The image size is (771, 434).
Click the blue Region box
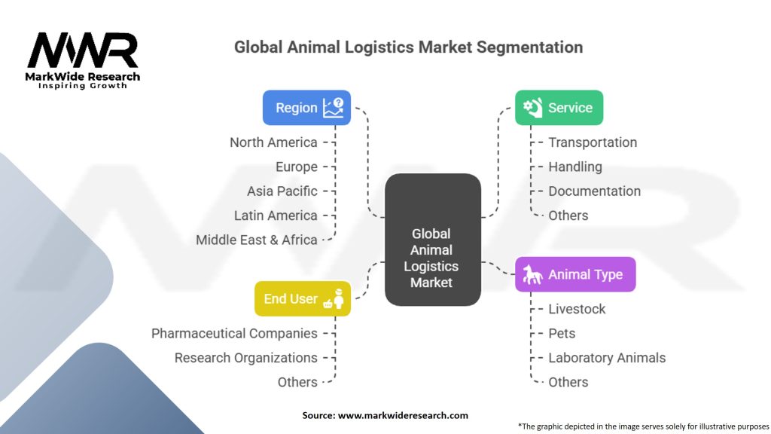pos(306,108)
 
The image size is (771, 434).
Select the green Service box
pos(559,108)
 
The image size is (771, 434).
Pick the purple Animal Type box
pos(575,274)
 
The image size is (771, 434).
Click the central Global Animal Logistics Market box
pos(432,258)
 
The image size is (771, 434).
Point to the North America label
pos(273,142)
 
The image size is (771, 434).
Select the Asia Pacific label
pos(282,191)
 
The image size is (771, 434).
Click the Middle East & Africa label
pos(257,240)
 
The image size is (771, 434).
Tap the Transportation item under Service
pos(593,142)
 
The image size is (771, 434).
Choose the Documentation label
pos(594,191)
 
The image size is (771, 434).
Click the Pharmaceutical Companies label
pos(234,333)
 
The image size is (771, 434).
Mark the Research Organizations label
pos(246,357)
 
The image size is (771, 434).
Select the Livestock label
pos(577,309)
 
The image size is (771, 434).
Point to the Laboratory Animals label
pos(607,357)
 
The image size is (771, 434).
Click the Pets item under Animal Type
pos(562,333)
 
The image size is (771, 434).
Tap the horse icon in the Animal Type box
pos(533,274)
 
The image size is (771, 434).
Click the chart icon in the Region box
pos(333,108)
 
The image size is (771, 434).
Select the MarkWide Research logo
pos(84,60)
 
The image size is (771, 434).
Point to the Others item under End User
pos(297,382)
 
